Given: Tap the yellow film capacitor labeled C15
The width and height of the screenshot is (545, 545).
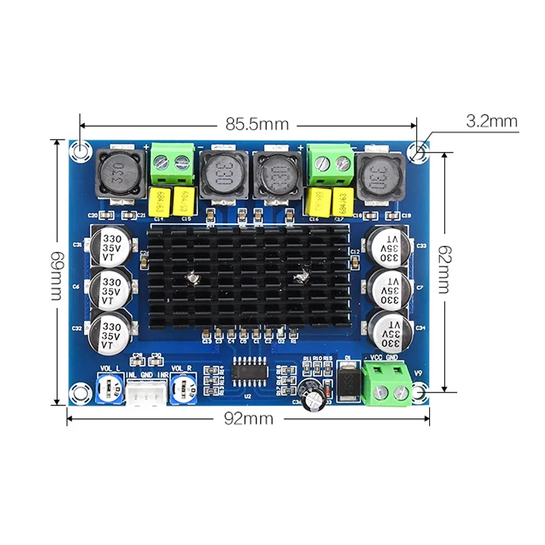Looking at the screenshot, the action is pos(184,201).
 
